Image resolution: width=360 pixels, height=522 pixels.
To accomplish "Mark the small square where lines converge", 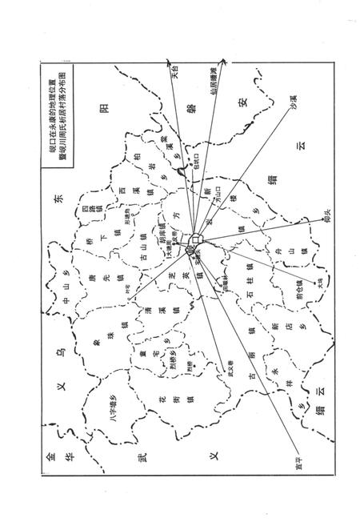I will pos(197,239).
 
